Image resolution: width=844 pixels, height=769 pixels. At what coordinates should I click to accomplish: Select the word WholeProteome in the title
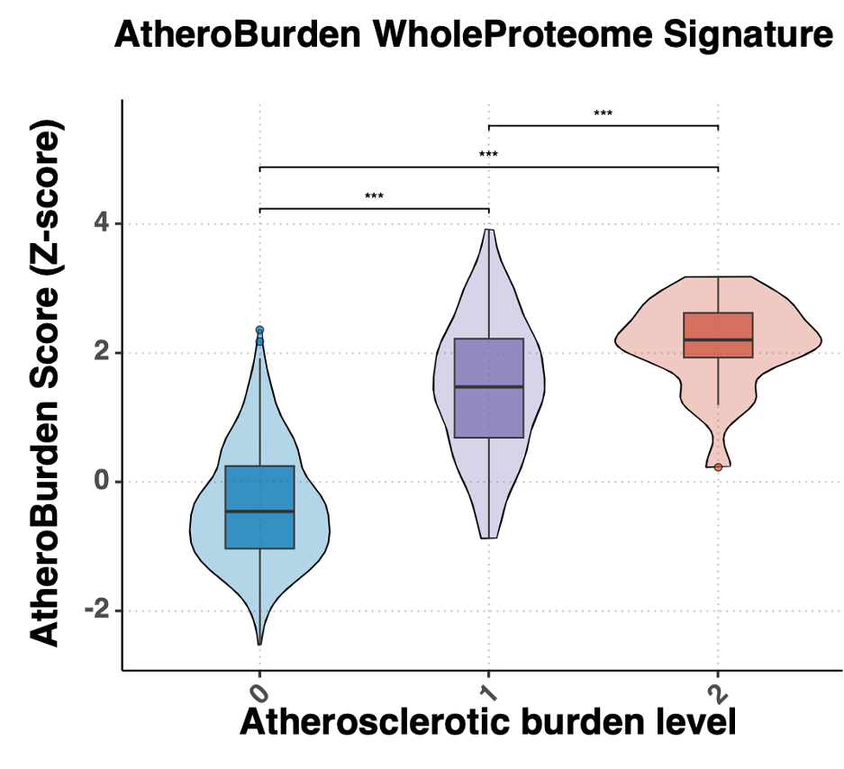tap(497, 35)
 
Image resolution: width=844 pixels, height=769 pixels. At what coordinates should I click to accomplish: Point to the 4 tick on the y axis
tap(104, 223)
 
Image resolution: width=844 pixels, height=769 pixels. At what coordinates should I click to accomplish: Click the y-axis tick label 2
tap(104, 353)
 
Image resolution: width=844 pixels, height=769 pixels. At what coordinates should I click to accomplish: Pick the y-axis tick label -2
tap(97, 611)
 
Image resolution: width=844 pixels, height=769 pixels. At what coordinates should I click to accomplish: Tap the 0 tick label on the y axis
tap(104, 482)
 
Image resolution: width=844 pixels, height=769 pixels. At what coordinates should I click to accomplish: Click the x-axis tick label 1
tap(488, 692)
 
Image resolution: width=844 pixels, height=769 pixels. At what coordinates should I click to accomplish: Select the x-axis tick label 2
tap(717, 692)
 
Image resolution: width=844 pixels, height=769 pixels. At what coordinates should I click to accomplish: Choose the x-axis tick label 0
tap(259, 692)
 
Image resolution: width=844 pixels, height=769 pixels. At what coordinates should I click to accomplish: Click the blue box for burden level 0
tap(259, 531)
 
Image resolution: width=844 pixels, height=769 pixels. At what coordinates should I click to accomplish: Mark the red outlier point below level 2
tap(718, 466)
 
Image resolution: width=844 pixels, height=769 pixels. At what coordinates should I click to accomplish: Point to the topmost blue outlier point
tap(259, 330)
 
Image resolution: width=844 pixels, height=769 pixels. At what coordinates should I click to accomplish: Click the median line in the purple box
tap(488, 386)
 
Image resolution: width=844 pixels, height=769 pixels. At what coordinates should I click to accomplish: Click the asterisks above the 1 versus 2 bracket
tap(603, 113)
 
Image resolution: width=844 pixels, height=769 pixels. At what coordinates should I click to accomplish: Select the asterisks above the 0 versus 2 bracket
tap(488, 154)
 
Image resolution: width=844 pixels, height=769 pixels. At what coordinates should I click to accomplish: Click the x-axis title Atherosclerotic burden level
tap(487, 722)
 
